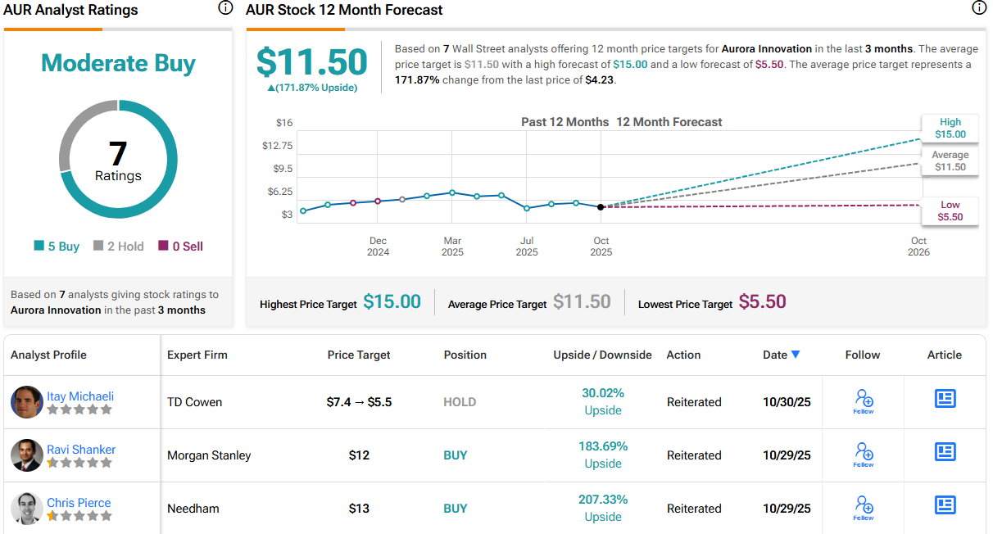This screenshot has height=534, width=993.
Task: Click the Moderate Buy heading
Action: coord(118,63)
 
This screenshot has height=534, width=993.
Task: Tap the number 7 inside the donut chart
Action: coord(118,153)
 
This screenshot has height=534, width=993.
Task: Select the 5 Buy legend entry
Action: coord(57,247)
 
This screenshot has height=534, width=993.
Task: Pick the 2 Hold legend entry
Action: coord(120,247)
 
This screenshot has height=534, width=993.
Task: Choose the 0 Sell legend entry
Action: coord(180,247)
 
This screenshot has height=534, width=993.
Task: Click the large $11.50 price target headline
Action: coord(312,62)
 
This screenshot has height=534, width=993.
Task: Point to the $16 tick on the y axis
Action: coord(283,123)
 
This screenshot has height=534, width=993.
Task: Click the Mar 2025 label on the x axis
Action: coord(452,247)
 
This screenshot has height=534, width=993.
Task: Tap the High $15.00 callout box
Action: coord(950,128)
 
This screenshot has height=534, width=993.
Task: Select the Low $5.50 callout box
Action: coord(950,211)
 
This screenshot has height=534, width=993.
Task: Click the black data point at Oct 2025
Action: coord(601,207)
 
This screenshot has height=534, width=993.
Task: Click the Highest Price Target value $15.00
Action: coord(392,302)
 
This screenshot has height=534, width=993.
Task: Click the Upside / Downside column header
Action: coord(602,355)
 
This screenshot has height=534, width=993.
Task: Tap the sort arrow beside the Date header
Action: coord(795,355)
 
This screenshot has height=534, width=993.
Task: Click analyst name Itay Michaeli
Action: coord(79,396)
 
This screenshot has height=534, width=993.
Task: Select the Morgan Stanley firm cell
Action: coord(209,455)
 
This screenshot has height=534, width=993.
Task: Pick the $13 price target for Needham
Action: coord(359,509)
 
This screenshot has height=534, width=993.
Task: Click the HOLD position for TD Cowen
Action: coord(460,402)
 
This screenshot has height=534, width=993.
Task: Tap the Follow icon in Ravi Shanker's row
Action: coord(864,452)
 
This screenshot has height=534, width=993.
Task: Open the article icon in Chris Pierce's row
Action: coord(945,505)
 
